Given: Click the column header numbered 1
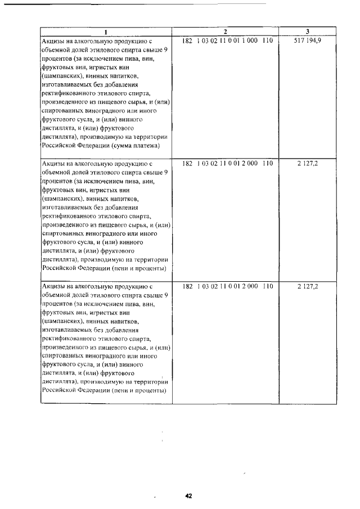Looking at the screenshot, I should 106,31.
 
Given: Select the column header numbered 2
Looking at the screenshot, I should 226,31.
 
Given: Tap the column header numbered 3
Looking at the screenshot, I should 307,31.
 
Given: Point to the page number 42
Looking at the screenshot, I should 188,496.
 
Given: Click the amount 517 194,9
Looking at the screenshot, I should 307,41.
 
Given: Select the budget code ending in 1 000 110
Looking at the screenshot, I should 227,41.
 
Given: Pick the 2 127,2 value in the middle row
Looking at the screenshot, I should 307,164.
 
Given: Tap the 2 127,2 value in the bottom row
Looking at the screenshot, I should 307,286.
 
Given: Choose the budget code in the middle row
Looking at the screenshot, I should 227,164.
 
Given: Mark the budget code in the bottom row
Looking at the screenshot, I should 227,286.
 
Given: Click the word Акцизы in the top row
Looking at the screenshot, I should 53,41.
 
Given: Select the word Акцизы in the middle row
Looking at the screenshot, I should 53,164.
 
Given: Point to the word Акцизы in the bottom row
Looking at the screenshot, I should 53,286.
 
